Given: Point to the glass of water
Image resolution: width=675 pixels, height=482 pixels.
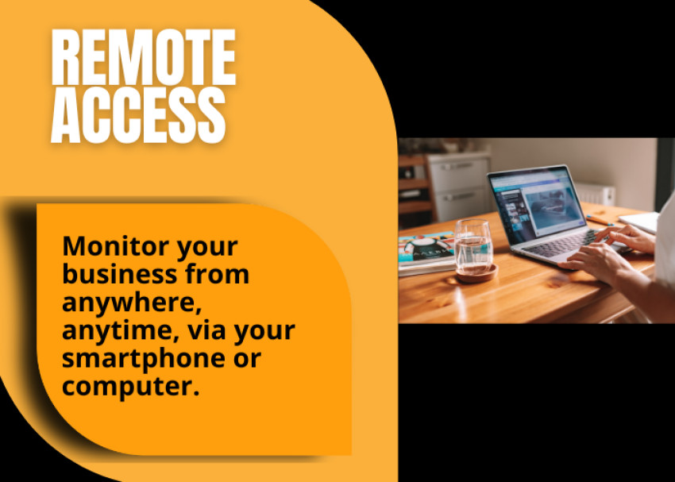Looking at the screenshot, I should (x=473, y=246).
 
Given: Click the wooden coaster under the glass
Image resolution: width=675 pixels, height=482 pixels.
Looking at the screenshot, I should (x=476, y=274).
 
